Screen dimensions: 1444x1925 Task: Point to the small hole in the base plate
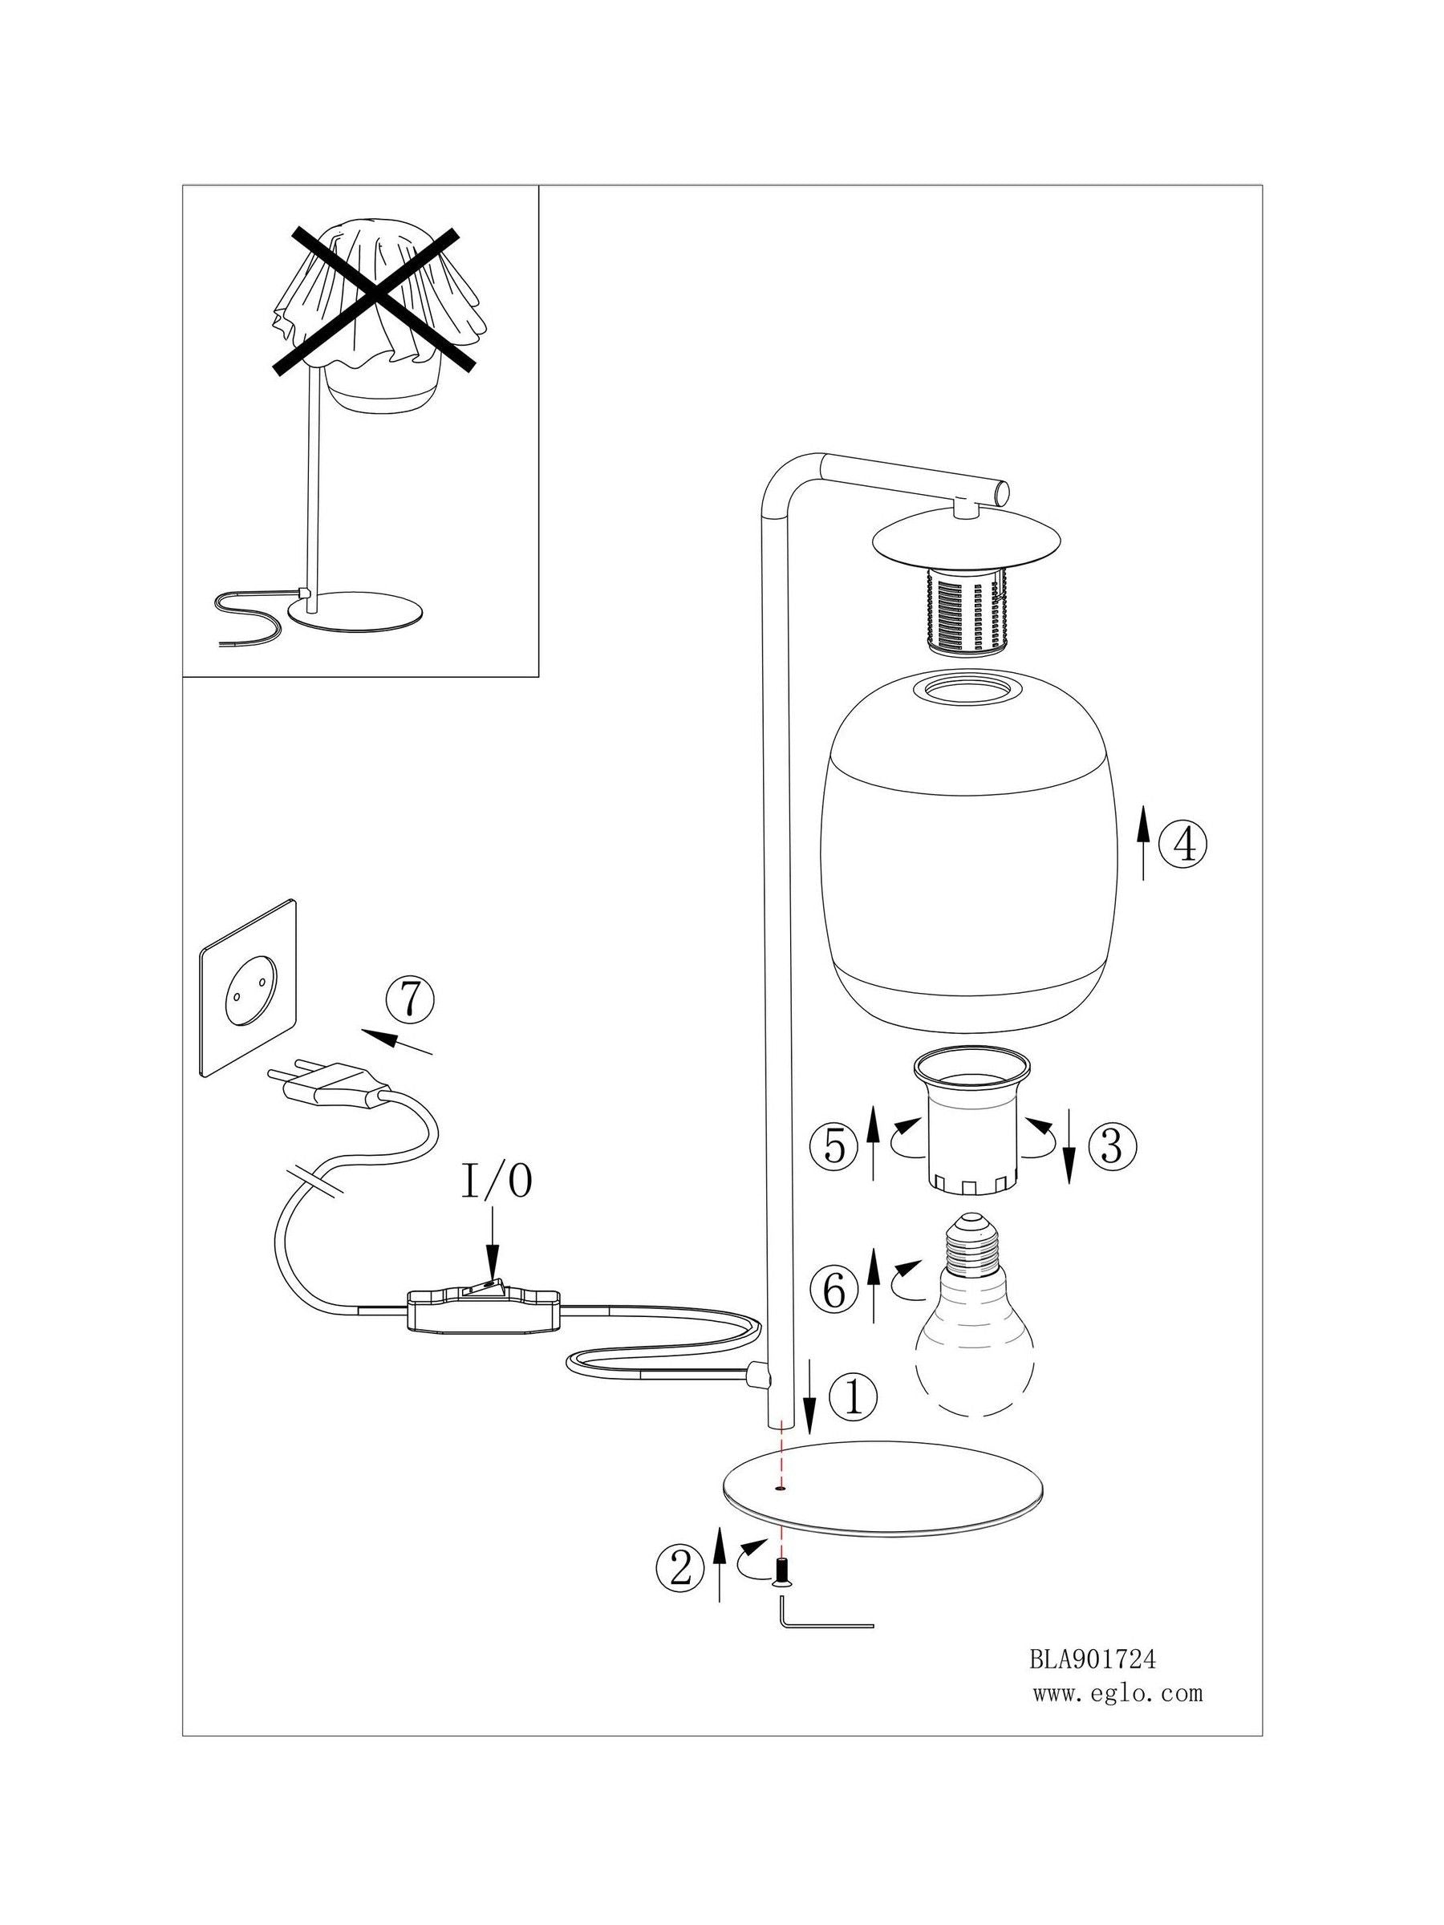pos(780,1489)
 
